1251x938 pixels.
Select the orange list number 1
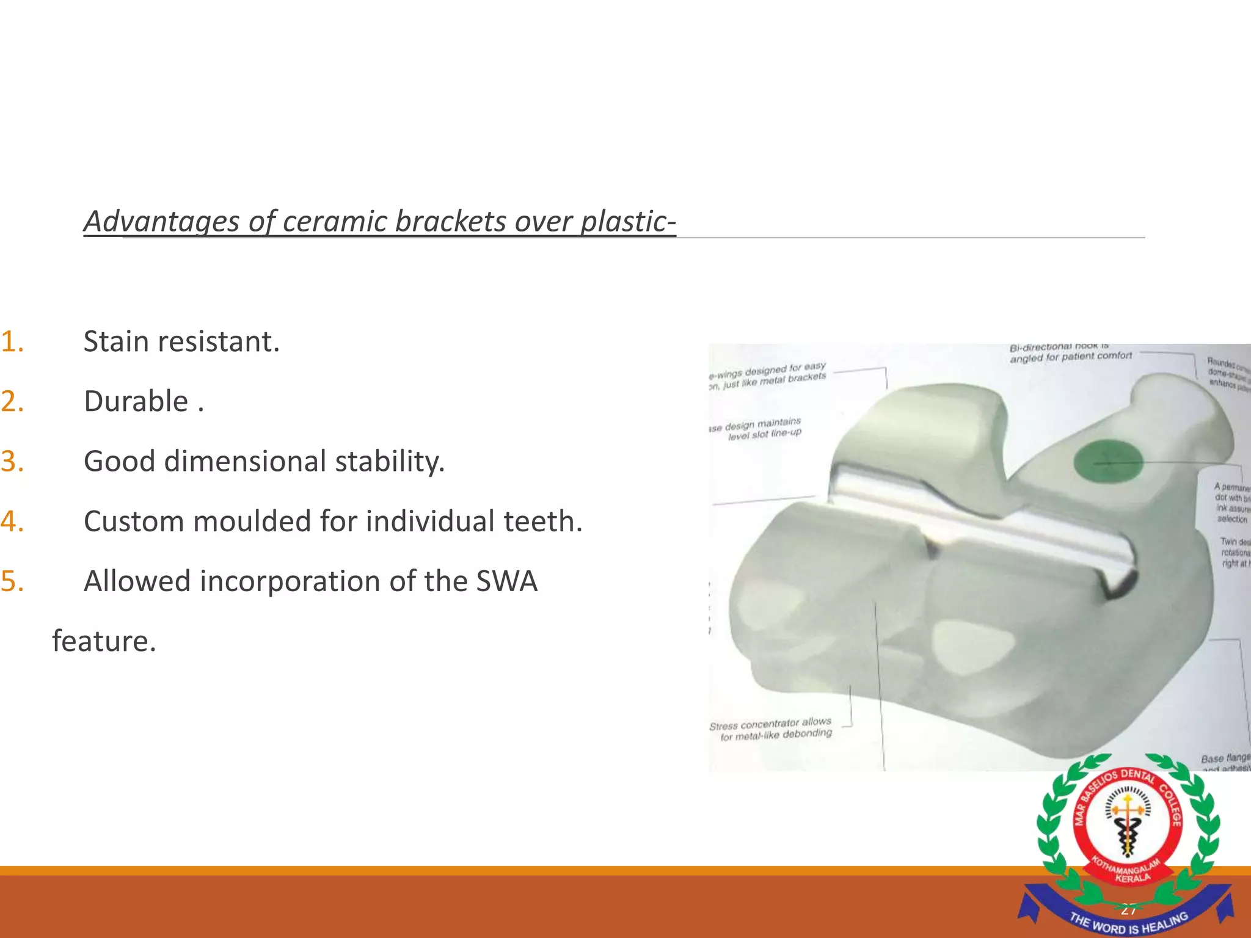point(12,341)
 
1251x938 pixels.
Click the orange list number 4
point(12,522)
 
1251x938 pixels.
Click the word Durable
point(136,401)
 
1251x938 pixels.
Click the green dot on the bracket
point(1107,462)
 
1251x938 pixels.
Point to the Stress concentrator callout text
point(771,729)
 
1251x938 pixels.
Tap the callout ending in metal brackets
point(768,375)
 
